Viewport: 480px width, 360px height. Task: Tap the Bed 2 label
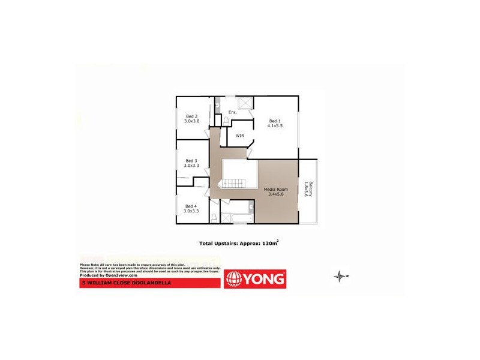[x=191, y=116]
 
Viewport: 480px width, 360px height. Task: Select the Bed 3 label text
[x=191, y=160]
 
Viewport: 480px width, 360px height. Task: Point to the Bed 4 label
[x=191, y=206]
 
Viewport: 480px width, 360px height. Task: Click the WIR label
[x=239, y=136]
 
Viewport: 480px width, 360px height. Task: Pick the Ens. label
[x=233, y=112]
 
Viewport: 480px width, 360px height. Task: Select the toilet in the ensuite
[x=226, y=121]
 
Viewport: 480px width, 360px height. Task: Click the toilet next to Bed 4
[x=214, y=217]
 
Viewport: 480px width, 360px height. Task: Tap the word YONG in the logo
[x=263, y=280]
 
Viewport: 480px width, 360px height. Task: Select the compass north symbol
[x=342, y=276]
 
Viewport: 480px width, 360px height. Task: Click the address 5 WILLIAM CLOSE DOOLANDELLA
[x=126, y=283]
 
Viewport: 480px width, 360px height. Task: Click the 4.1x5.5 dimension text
[x=275, y=125]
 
